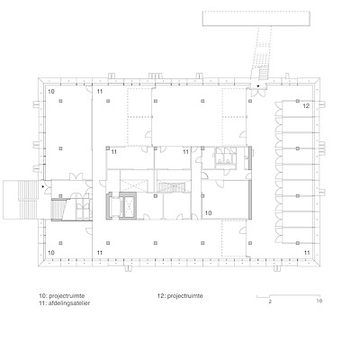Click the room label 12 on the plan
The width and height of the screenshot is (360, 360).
306,106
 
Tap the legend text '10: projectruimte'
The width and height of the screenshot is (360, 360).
62,296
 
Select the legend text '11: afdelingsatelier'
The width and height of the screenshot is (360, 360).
65,303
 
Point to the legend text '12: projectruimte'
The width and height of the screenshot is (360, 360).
180,296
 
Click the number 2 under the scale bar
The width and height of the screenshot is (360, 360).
270,301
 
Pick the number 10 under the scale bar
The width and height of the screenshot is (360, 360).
319,301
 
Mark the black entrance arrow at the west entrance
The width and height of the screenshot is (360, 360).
43,186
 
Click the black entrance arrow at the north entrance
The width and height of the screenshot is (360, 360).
257,86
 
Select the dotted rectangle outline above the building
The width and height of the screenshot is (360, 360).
256,19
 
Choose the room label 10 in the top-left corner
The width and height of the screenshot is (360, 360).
51,91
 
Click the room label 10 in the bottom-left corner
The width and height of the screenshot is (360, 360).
51,253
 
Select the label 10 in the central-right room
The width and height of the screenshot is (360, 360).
209,212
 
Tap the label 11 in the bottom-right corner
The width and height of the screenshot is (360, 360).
307,253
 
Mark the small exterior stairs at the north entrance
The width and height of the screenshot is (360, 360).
263,73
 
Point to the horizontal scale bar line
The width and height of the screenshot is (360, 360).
288,295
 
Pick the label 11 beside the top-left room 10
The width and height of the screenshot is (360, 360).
100,91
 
